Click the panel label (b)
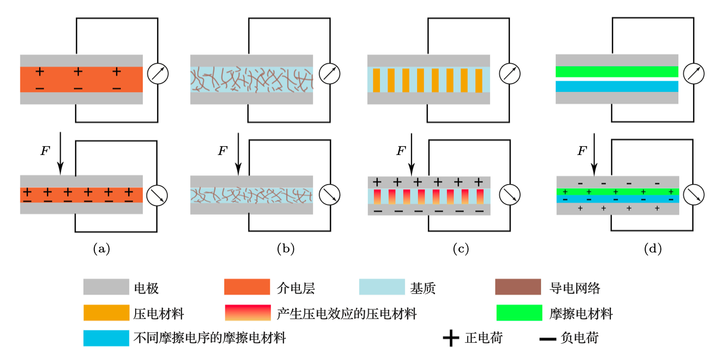(286, 249)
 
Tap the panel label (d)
(653, 249)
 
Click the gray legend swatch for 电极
(106, 287)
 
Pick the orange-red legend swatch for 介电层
(247, 287)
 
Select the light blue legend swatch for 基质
(382, 287)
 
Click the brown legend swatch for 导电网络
(518, 287)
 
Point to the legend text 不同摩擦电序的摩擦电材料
(210, 338)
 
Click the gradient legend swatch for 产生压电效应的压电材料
(247, 313)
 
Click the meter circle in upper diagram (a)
(158, 74)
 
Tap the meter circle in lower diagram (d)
(694, 194)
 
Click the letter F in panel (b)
(222, 150)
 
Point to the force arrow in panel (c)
(412, 153)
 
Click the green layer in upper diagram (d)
(617, 71)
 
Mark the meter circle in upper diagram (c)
(509, 74)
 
